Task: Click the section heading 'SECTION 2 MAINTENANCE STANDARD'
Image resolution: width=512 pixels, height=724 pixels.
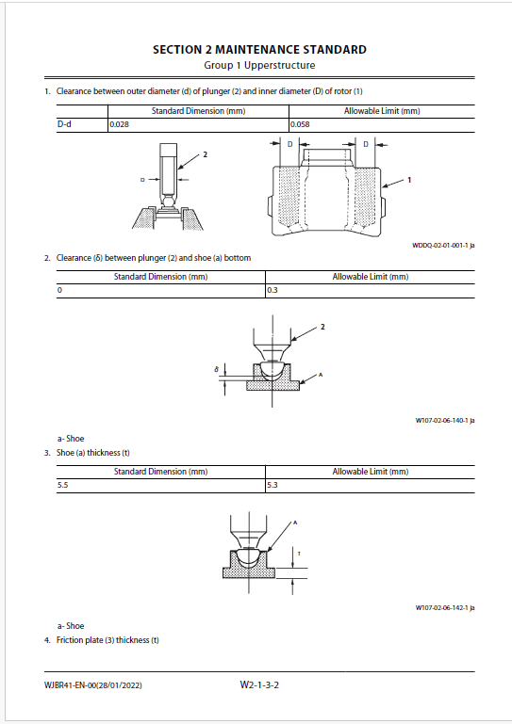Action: coord(259,50)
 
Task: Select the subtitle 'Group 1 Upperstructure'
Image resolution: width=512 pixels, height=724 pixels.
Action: coord(259,66)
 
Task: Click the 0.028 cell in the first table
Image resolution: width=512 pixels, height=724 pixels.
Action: coord(120,124)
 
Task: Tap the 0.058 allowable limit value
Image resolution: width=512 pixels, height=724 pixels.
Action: coord(300,124)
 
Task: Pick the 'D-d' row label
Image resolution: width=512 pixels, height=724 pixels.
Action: coord(64,124)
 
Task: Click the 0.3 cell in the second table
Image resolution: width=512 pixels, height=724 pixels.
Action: coord(273,290)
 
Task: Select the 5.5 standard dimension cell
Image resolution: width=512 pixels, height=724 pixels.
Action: coord(63,485)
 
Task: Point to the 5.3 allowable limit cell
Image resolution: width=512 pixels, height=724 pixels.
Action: coord(273,485)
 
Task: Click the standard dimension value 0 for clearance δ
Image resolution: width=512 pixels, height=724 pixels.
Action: coord(59,290)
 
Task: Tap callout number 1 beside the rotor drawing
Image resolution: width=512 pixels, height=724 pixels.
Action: coord(409,180)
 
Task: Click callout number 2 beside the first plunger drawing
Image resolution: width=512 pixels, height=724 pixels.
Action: coord(206,154)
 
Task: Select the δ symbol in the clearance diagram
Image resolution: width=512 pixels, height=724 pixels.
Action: coord(217,370)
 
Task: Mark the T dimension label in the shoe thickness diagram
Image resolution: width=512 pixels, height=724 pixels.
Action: coord(299,554)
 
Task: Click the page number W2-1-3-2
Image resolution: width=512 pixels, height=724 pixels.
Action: coord(259,684)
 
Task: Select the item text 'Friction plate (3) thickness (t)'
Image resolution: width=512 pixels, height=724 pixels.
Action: coord(107,640)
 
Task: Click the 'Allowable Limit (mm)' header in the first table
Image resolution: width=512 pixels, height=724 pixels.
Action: coord(382,111)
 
